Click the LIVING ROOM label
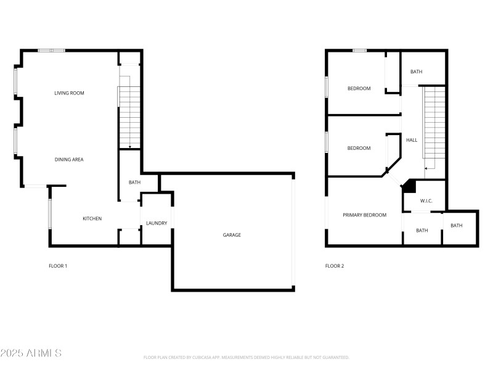coord(69,93)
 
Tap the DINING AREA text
coord(69,160)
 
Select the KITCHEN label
coord(92,219)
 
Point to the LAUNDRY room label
coord(157,223)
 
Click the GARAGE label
coord(232,235)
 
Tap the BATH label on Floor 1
coord(134,183)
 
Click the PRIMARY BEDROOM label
coord(365,215)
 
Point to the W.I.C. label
coord(426,201)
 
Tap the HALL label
coord(412,140)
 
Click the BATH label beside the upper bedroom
coord(417,72)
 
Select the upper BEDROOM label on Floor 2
coord(359,89)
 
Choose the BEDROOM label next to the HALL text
coord(359,148)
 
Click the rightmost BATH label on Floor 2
coord(456,226)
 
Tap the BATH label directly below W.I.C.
coord(422,231)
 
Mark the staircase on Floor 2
coord(434,126)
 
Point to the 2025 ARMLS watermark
coord(31,353)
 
